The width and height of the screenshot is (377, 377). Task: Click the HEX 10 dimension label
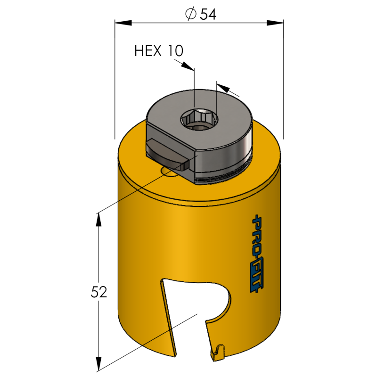pyautogui.click(x=159, y=50)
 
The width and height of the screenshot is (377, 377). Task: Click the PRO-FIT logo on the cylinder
pyautogui.click(x=259, y=254)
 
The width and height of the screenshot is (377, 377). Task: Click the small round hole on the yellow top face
pyautogui.click(x=168, y=172)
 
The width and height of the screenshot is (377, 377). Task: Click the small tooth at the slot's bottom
pyautogui.click(x=218, y=351)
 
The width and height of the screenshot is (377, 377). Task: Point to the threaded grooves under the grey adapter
pyautogui.click(x=221, y=175)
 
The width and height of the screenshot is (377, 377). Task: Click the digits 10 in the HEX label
pyautogui.click(x=175, y=50)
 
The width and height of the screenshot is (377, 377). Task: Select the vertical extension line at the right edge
pyautogui.click(x=283, y=90)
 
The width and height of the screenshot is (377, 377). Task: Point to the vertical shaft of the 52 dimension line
pyautogui.click(x=98, y=254)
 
